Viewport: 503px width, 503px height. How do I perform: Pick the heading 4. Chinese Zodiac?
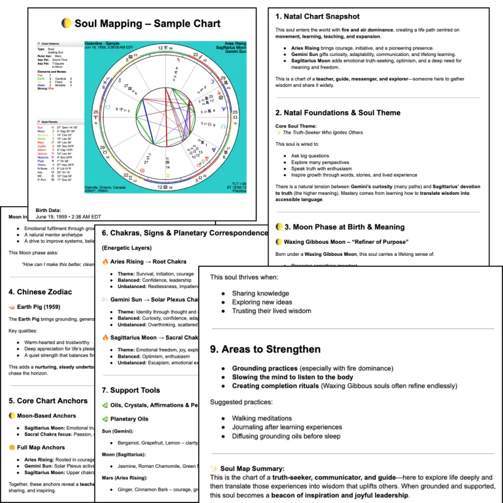[40, 292]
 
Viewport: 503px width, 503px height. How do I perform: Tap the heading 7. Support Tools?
[131, 390]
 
